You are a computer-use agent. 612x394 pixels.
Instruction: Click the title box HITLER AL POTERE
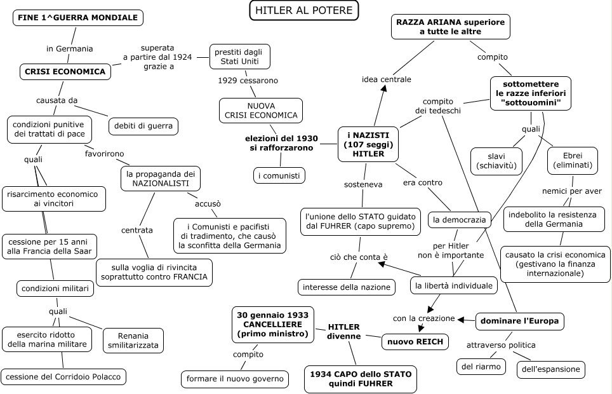pyautogui.click(x=303, y=10)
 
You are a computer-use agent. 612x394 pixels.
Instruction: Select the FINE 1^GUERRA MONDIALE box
pyautogui.click(x=77, y=18)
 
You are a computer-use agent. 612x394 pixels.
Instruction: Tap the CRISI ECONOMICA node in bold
pyautogui.click(x=65, y=72)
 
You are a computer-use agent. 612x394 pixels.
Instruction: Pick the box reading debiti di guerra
pyautogui.click(x=143, y=126)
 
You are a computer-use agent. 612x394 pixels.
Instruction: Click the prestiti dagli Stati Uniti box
pyautogui.click(x=239, y=57)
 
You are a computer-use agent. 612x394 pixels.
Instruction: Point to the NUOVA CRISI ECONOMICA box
pyautogui.click(x=261, y=111)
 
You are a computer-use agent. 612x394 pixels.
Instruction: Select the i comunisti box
pyautogui.click(x=279, y=175)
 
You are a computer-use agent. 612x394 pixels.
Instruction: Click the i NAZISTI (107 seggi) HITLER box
pyautogui.click(x=368, y=144)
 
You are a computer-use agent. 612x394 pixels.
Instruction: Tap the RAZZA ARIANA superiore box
pyautogui.click(x=450, y=27)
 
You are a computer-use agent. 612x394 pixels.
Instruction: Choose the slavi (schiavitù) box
pyautogui.click(x=496, y=161)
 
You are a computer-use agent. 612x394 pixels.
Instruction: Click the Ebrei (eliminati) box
pyautogui.click(x=573, y=160)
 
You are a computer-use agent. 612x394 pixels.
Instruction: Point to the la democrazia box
pyautogui.click(x=460, y=220)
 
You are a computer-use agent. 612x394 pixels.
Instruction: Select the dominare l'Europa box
pyautogui.click(x=519, y=322)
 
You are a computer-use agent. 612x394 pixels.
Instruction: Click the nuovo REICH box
pyautogui.click(x=415, y=342)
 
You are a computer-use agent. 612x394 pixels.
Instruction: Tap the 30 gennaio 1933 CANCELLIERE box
pyautogui.click(x=273, y=325)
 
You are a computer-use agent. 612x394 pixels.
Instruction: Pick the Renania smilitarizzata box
pyautogui.click(x=133, y=341)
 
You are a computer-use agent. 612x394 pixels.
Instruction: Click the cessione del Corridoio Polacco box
pyautogui.click(x=63, y=377)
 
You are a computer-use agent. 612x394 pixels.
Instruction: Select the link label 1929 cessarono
pyautogui.click(x=248, y=81)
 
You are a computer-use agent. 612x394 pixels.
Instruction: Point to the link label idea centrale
pyautogui.click(x=387, y=79)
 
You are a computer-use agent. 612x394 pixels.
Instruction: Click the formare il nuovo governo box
pyautogui.click(x=235, y=379)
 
